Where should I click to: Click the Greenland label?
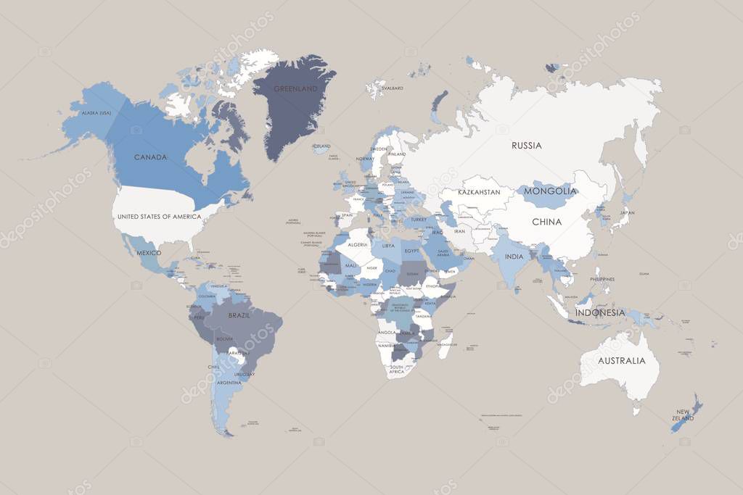[x=295, y=89]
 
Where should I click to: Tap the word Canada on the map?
[x=151, y=157]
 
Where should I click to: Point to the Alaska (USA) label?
[x=96, y=114]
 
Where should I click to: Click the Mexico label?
[x=148, y=253]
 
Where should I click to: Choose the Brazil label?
[x=239, y=316]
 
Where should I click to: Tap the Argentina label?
[x=229, y=382]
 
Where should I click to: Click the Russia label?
[x=526, y=146]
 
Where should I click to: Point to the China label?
[x=547, y=222]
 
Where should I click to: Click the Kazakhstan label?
[x=478, y=192]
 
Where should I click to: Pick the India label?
[x=514, y=257]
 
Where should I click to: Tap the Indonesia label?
[x=600, y=313]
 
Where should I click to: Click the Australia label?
[x=621, y=361]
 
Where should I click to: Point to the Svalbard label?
[x=392, y=88]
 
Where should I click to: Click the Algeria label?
[x=358, y=245]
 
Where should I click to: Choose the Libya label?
[x=388, y=246]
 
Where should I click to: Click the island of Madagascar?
[x=446, y=340]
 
